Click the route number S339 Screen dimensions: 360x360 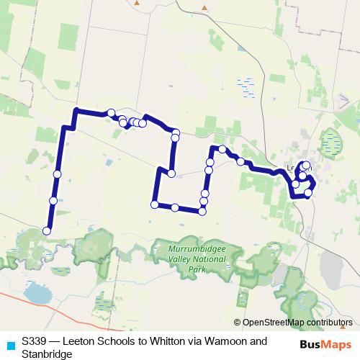click(34, 341)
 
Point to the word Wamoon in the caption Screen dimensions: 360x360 click(227, 341)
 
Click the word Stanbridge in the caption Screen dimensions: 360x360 click(48, 354)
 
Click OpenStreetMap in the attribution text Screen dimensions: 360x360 click(274, 323)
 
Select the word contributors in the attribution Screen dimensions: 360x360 click(329, 323)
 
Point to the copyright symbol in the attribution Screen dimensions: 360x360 click(238, 323)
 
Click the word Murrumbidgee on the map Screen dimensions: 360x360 click(197, 250)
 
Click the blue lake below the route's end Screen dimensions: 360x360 click(36, 292)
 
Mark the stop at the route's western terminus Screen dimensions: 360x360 click(47, 230)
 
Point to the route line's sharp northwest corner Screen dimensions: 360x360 click(76, 110)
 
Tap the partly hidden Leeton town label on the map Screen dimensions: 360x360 click(294, 168)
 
